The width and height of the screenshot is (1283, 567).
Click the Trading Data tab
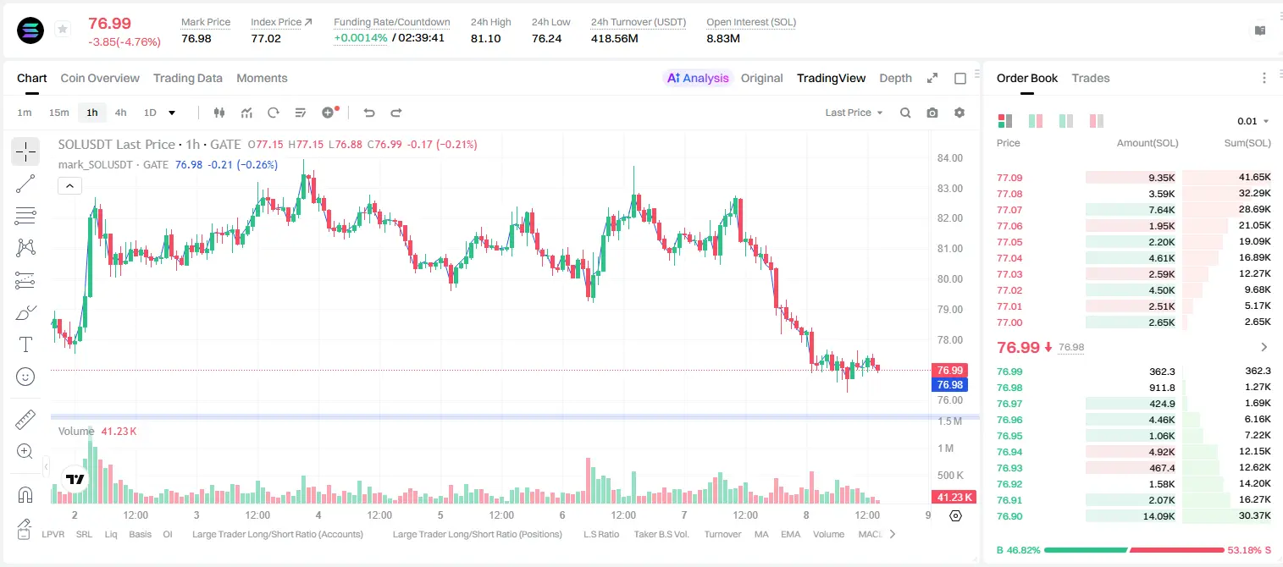click(x=187, y=78)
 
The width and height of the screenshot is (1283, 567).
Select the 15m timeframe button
click(x=58, y=113)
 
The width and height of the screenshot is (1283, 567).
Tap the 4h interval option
click(x=120, y=113)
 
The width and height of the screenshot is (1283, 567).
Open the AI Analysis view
click(x=698, y=78)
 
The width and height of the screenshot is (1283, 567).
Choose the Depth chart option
click(x=895, y=78)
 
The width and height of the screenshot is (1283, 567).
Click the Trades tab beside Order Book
click(x=1090, y=78)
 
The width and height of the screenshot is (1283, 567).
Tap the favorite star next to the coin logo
click(x=63, y=29)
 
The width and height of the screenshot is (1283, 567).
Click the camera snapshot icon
click(x=932, y=113)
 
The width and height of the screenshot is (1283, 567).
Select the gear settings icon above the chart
click(x=959, y=113)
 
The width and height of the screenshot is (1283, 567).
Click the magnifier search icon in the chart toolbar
click(x=905, y=113)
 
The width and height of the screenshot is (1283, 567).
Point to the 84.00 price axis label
click(x=949, y=158)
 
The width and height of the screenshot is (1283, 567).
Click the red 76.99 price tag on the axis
click(x=949, y=370)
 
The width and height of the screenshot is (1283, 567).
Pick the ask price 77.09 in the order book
click(x=1009, y=178)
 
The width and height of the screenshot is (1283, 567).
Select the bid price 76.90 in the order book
click(x=1009, y=516)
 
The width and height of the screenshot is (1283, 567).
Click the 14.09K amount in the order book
click(x=1159, y=516)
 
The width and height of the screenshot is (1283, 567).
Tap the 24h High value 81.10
click(x=485, y=38)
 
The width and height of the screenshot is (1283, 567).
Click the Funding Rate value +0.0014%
click(x=360, y=38)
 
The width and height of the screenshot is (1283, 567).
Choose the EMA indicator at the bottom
click(x=790, y=534)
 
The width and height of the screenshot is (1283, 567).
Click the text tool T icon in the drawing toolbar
click(x=25, y=344)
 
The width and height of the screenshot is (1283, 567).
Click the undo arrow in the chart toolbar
click(x=369, y=113)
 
